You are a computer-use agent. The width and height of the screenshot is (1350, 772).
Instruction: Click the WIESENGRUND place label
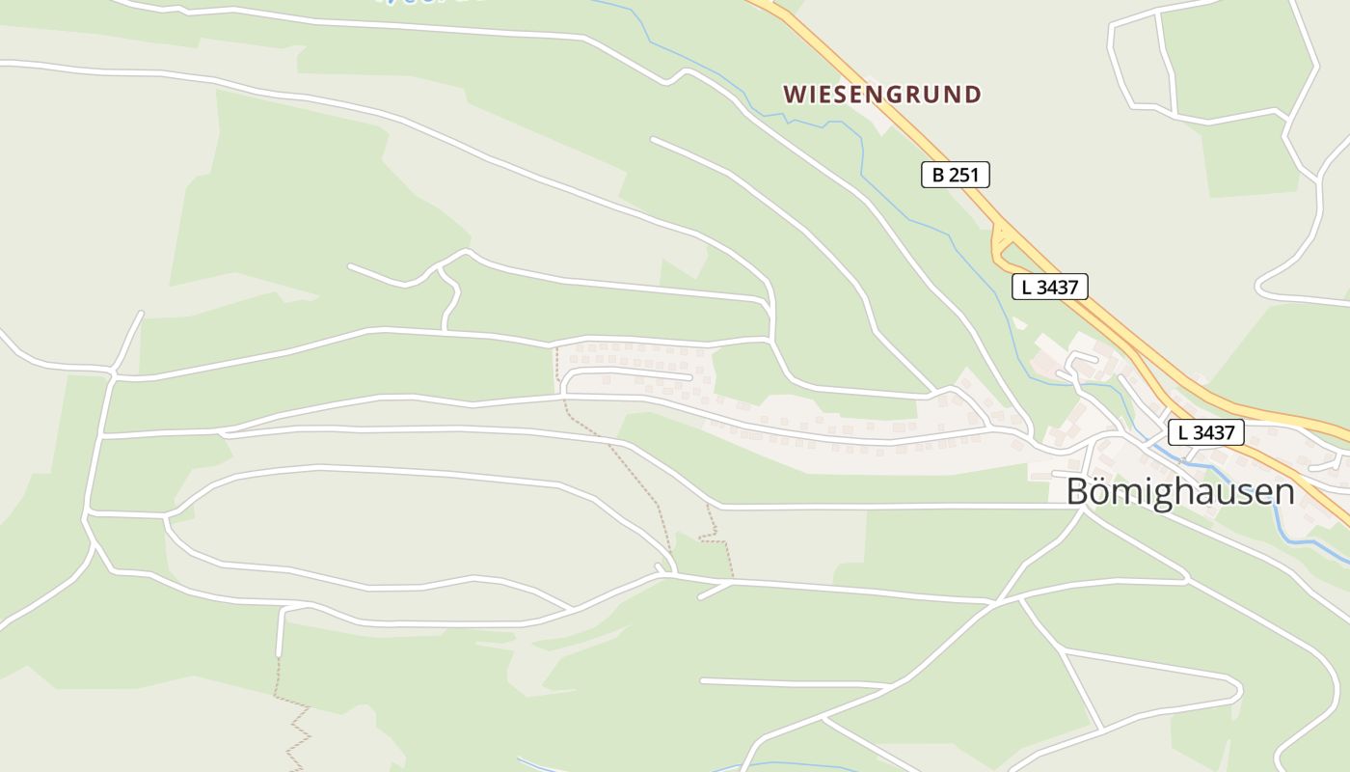(x=882, y=95)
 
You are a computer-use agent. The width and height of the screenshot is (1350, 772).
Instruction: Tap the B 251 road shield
(x=955, y=175)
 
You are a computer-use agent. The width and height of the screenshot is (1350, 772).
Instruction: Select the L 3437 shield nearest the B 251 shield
(x=1050, y=287)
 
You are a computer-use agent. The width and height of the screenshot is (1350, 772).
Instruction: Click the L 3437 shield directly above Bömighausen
(x=1205, y=431)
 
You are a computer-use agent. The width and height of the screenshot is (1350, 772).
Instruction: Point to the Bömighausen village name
(x=1179, y=492)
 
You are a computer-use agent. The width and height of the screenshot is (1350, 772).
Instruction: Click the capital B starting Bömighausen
(x=1077, y=492)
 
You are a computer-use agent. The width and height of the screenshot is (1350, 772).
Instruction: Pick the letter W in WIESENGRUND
(x=794, y=95)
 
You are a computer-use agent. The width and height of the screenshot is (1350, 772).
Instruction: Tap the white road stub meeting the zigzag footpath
(x=281, y=632)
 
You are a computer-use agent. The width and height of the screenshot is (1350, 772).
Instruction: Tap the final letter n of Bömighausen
(x=1283, y=492)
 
